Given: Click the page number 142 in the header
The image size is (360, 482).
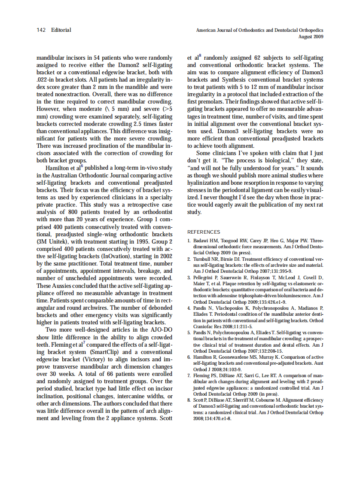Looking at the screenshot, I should click(x=41, y=30).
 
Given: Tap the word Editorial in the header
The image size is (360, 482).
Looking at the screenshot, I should click(x=61, y=30).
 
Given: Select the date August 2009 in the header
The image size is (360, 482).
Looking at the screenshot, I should click(x=311, y=37).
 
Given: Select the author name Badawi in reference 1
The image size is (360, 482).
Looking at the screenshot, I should click(x=201, y=241).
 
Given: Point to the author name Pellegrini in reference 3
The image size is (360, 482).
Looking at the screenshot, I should click(x=203, y=278).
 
